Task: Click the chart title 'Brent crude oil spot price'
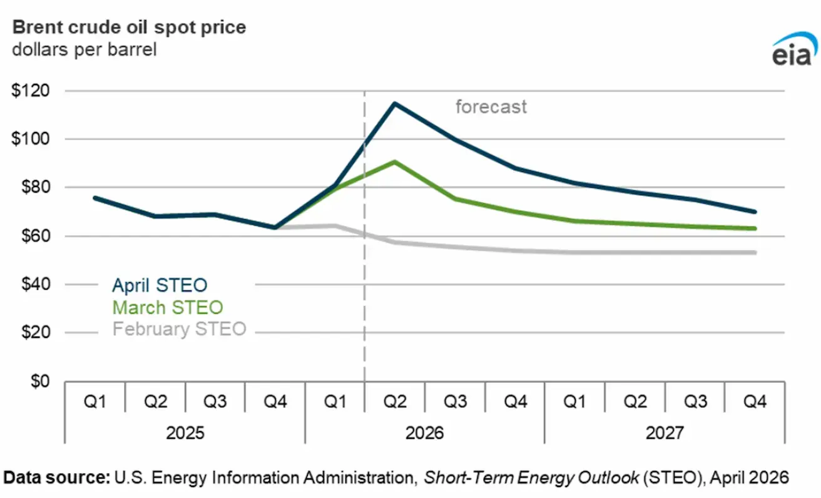click(x=130, y=28)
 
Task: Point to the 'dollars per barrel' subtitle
click(x=84, y=49)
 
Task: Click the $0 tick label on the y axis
click(x=41, y=381)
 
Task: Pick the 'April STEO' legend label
click(x=160, y=286)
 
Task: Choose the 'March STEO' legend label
click(x=167, y=307)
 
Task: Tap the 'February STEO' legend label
click(x=179, y=329)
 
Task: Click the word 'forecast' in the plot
click(x=491, y=107)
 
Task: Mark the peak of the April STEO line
click(x=395, y=103)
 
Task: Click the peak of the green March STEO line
click(x=395, y=161)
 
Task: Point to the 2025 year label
click(x=185, y=433)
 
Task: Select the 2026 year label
click(x=425, y=433)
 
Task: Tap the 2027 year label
click(x=665, y=433)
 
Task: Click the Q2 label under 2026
click(x=395, y=402)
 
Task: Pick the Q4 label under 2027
click(x=755, y=402)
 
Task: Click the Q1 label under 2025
click(x=95, y=402)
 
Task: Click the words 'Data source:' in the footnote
click(x=58, y=478)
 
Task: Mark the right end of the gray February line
click(x=755, y=252)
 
